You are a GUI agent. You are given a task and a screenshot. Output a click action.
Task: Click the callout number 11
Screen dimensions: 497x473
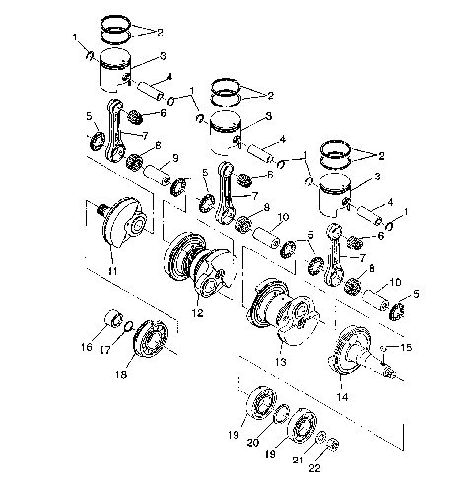click(x=113, y=271)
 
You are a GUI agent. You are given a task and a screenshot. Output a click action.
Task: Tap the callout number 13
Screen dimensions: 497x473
click(x=282, y=362)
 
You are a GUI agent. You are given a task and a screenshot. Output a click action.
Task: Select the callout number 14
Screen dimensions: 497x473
click(x=341, y=396)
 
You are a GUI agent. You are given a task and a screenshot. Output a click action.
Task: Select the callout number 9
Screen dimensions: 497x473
click(x=175, y=158)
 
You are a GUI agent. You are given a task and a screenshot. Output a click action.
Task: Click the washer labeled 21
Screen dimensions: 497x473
click(x=322, y=435)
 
